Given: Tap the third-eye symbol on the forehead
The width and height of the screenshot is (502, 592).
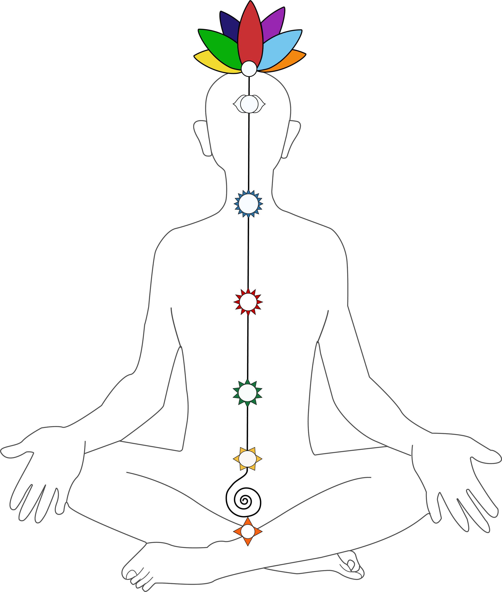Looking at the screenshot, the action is [x=249, y=104].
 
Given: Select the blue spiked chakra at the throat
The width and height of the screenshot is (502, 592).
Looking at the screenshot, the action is [x=248, y=204].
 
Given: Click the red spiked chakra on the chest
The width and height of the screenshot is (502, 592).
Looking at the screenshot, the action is [x=248, y=302].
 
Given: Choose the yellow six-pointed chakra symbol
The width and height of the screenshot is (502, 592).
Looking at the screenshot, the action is [x=247, y=458].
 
